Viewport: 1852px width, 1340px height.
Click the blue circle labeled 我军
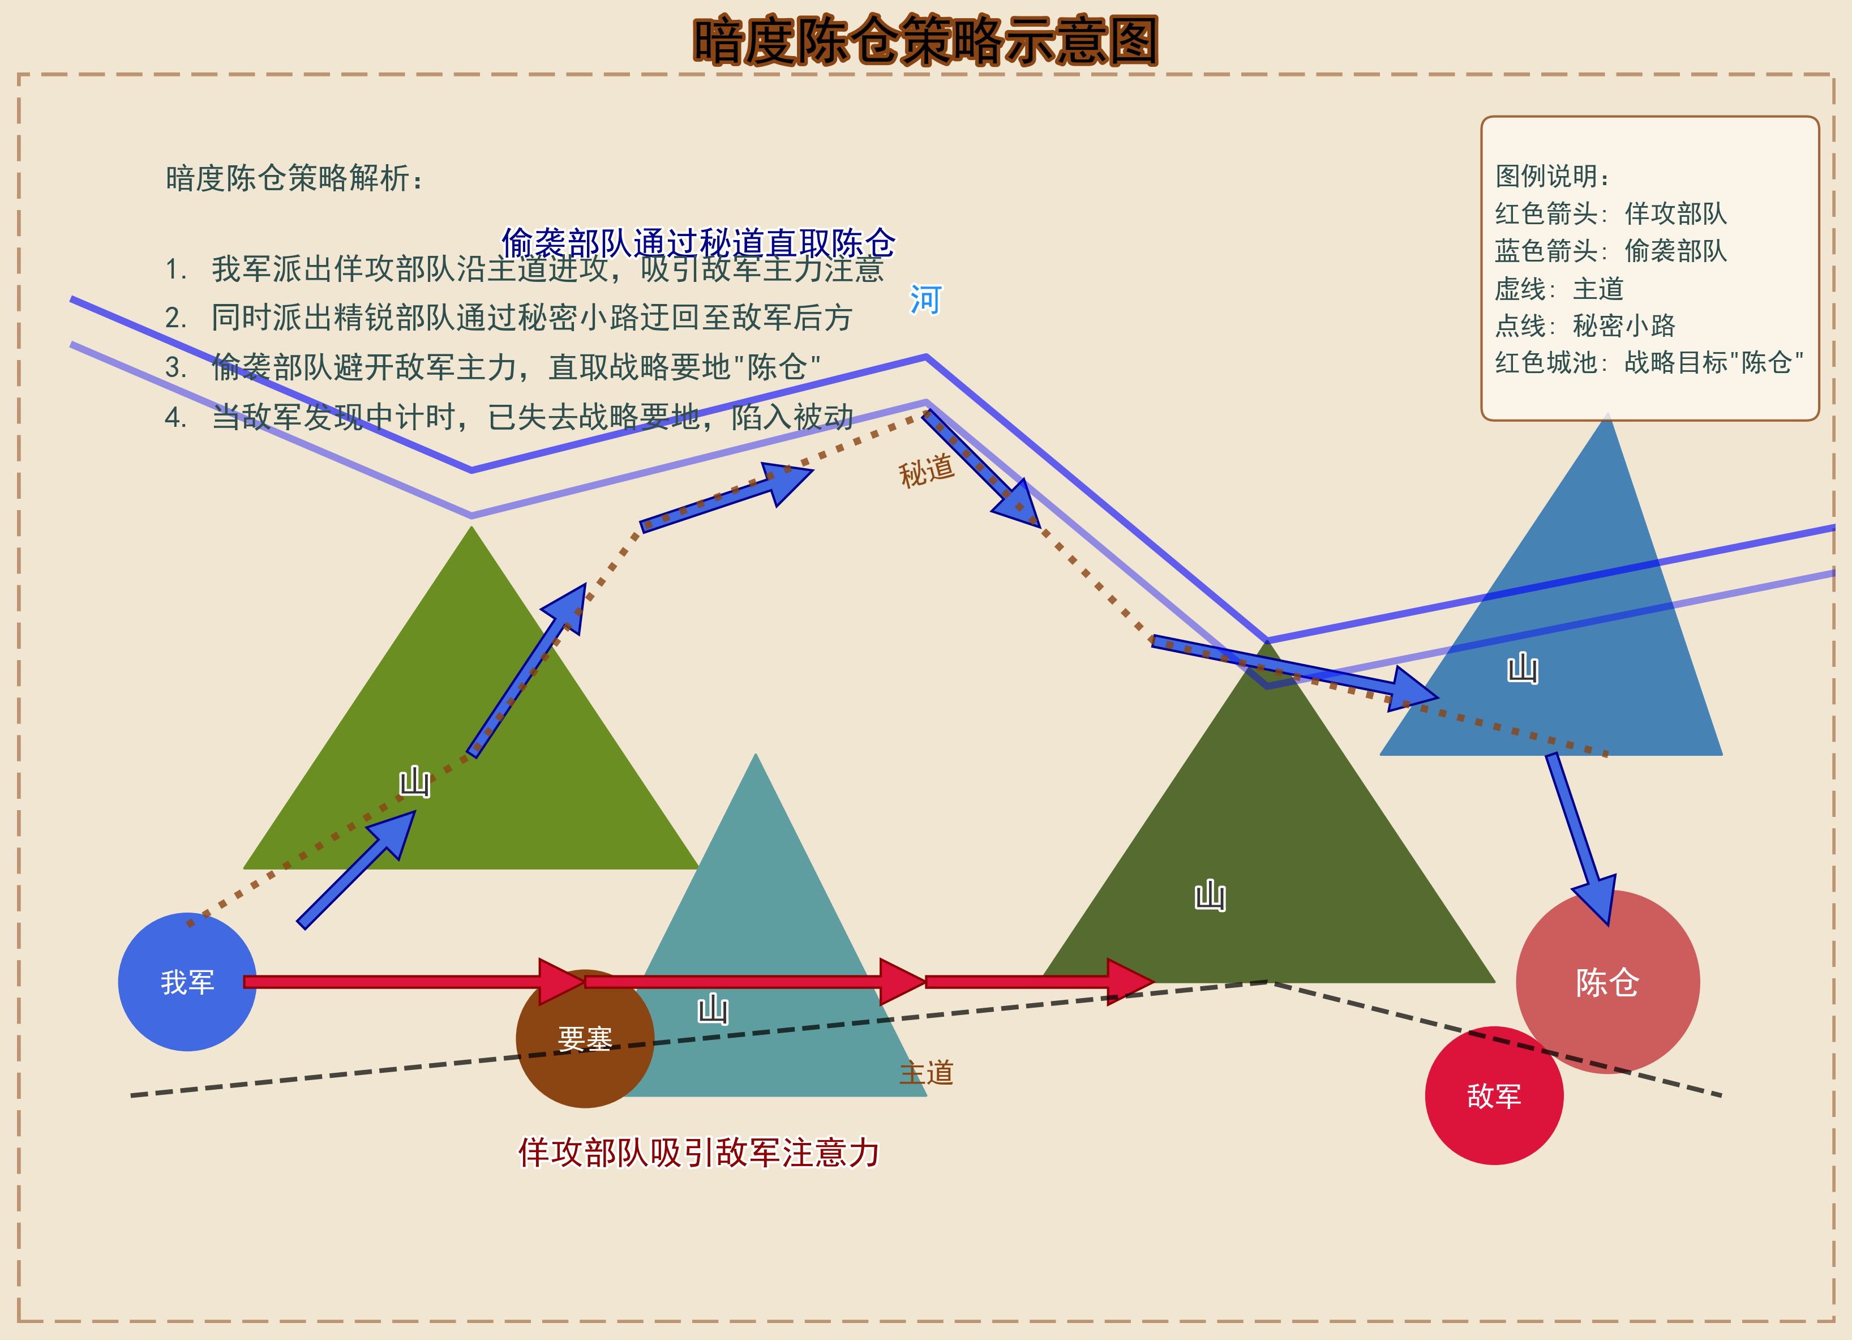tap(187, 982)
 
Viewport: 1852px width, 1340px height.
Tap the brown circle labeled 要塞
tap(585, 1039)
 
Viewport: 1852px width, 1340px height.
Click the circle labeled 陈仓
tap(1607, 982)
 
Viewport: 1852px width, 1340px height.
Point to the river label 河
tap(925, 299)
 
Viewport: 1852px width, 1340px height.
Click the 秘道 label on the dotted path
tap(926, 470)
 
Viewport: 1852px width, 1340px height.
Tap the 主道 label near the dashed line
tap(926, 1072)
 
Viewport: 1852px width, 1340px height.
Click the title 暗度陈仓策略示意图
tap(925, 41)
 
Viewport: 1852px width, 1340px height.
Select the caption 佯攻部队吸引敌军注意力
tap(698, 1152)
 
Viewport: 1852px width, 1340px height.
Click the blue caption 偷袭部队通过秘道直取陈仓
tap(698, 242)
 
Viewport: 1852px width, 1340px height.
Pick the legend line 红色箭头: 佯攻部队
tap(1610, 214)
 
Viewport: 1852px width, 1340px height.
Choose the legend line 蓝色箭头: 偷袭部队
tap(1610, 251)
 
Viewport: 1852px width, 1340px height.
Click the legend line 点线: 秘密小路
tap(1584, 326)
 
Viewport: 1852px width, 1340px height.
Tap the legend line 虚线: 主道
tap(1558, 288)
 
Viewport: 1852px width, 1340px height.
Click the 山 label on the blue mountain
tap(1522, 668)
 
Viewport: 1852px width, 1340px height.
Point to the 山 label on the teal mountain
tap(713, 1009)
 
